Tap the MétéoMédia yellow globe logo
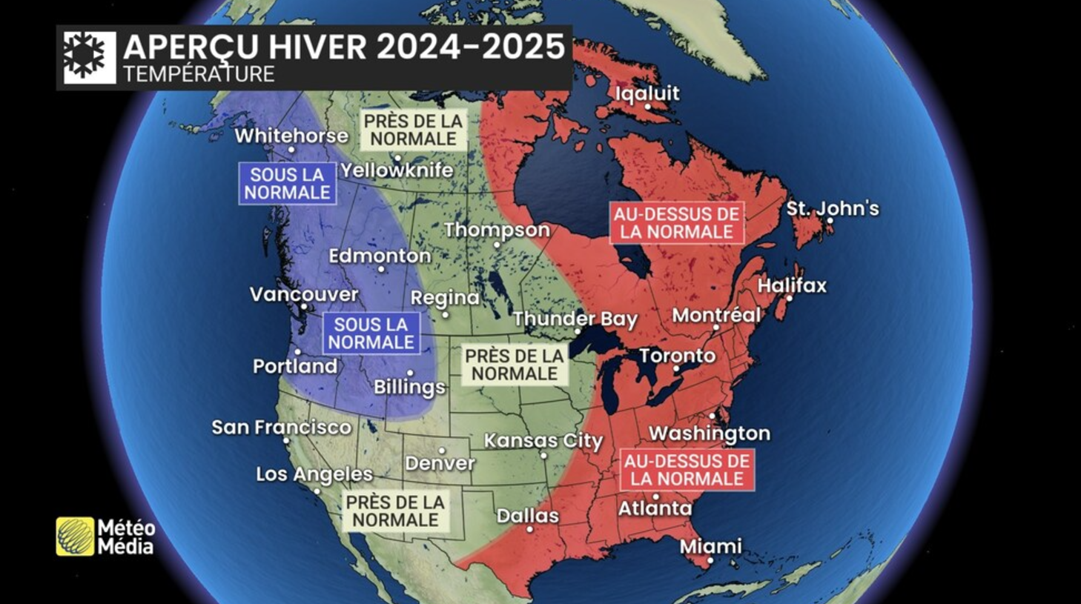(75, 537)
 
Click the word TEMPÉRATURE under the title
(199, 74)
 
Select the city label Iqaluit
(647, 93)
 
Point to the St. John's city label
(832, 208)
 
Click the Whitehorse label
(291, 136)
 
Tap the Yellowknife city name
(397, 170)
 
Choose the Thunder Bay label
(575, 319)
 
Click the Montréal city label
(715, 315)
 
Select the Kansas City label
(543, 441)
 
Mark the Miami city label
(710, 546)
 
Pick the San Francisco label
(281, 427)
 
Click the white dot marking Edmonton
(381, 269)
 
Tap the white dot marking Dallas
(529, 529)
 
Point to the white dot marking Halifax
(790, 299)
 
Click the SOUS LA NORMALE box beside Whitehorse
(287, 184)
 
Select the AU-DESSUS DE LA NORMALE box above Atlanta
(687, 470)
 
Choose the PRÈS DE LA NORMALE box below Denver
(395, 511)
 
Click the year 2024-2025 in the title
(471, 47)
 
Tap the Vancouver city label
(304, 294)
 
